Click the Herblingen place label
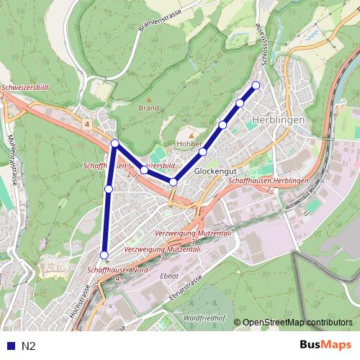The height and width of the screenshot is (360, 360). pos(279,120)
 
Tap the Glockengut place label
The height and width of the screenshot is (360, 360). pos(215,172)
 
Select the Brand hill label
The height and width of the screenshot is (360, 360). pos(148,108)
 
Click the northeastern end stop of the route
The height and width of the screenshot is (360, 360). pos(255,86)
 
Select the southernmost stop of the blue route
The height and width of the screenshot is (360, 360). pos(104,255)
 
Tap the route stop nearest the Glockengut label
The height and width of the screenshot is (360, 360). pos(204,152)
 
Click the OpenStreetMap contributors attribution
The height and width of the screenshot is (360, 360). pos(297,323)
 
